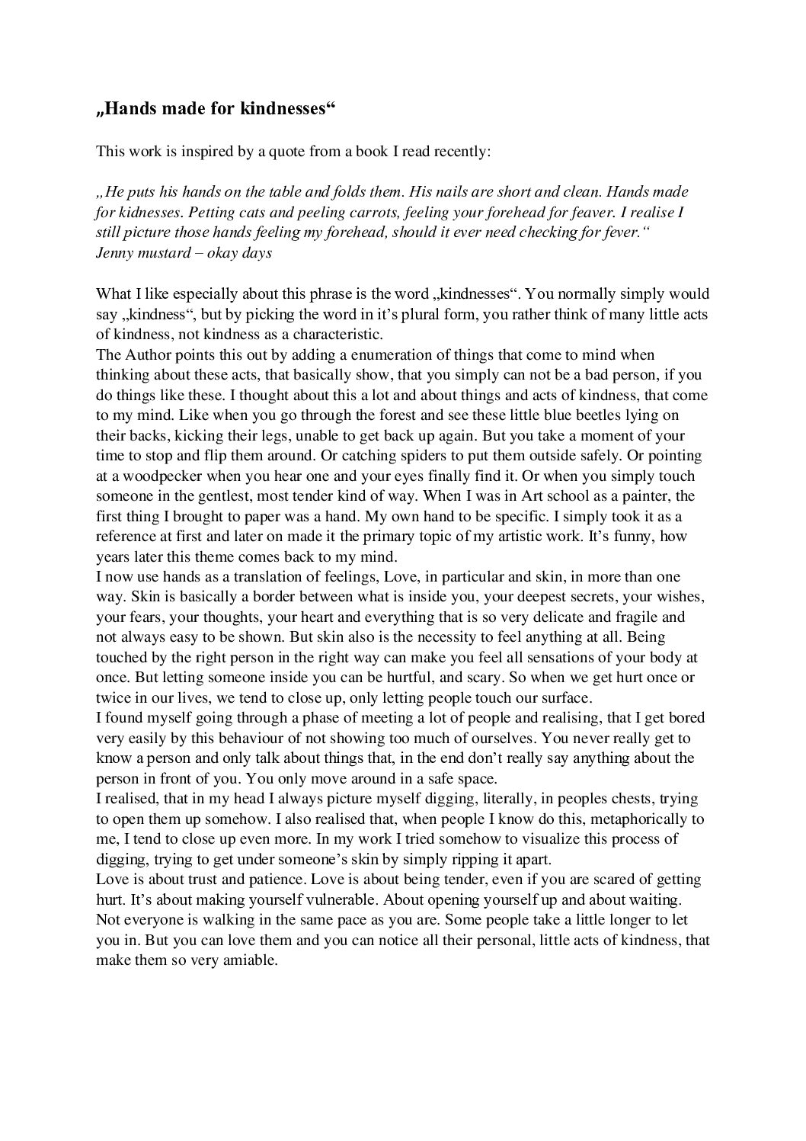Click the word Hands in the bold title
pyautogui.click(x=126, y=109)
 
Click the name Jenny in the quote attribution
pyautogui.click(x=114, y=253)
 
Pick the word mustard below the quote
pyautogui.click(x=163, y=253)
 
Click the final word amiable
pyautogui.click(x=247, y=960)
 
